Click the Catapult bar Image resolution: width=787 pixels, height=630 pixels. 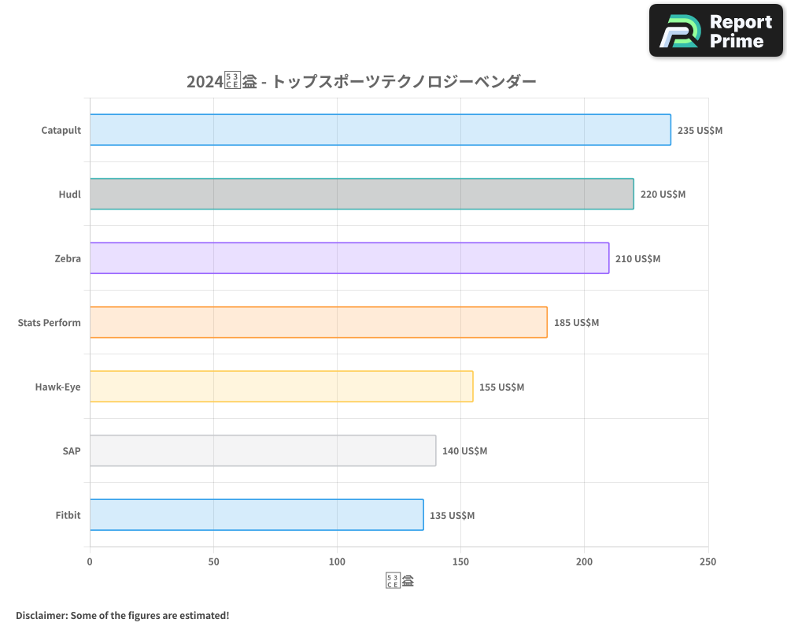tap(380, 130)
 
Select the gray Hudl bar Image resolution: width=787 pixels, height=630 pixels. tap(361, 194)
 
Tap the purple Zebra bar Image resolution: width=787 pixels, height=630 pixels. tap(349, 258)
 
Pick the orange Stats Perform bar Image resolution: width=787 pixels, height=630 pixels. tap(318, 322)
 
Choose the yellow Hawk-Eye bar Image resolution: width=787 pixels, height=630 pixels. tap(281, 386)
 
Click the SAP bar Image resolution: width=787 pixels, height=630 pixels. tap(262, 450)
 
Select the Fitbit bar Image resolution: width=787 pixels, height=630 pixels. tap(257, 515)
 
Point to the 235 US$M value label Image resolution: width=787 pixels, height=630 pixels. tap(700, 130)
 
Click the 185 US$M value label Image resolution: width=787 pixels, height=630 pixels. tap(576, 322)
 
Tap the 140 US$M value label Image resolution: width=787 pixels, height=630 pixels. tap(464, 451)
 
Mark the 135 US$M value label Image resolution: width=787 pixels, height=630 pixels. tap(452, 515)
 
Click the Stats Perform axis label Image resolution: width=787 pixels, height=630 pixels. tap(49, 322)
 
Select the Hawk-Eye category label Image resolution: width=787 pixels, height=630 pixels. tap(57, 387)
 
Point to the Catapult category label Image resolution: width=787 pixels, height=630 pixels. tap(61, 130)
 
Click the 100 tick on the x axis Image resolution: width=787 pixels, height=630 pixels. tap(337, 561)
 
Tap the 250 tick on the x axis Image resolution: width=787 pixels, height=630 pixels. tap(708, 561)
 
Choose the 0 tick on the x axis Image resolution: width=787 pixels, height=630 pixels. tap(90, 561)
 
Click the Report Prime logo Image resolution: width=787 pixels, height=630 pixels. tap(715, 31)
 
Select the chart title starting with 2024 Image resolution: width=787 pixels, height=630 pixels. tap(361, 81)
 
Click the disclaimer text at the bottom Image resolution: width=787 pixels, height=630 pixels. tap(122, 615)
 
